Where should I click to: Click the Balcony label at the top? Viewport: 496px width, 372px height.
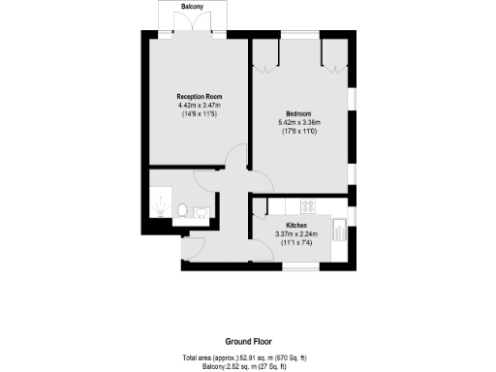tap(193, 7)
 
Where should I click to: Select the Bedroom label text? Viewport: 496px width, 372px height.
tap(297, 113)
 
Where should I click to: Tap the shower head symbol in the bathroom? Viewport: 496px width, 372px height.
tap(158, 205)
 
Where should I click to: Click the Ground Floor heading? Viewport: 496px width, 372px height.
tap(248, 341)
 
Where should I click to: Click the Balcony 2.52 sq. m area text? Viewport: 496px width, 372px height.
tap(248, 366)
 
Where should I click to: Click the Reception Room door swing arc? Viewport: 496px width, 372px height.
tap(235, 157)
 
